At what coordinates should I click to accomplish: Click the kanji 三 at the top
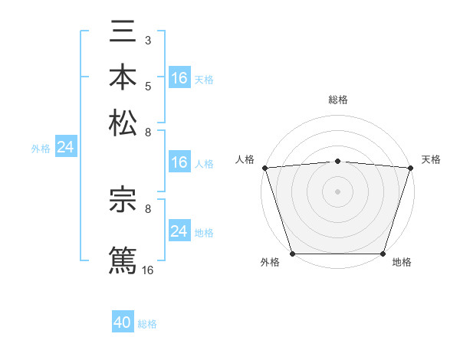(123, 32)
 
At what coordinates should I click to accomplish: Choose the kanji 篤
(123, 259)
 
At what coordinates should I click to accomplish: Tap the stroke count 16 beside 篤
(148, 270)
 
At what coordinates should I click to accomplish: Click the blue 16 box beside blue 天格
(179, 78)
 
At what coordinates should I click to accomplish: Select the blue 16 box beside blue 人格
(179, 162)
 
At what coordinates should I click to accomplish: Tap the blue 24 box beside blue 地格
(179, 231)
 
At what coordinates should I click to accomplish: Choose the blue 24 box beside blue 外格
(66, 147)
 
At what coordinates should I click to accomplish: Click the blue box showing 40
(123, 322)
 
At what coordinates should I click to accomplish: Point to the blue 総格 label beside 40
(147, 324)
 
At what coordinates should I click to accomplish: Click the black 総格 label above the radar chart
(337, 100)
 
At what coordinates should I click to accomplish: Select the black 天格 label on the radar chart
(432, 159)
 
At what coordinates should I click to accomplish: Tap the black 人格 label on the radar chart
(245, 159)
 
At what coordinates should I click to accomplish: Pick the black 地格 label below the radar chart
(402, 263)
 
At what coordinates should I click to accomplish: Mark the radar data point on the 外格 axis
(292, 254)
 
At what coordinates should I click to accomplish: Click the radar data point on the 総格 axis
(337, 161)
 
